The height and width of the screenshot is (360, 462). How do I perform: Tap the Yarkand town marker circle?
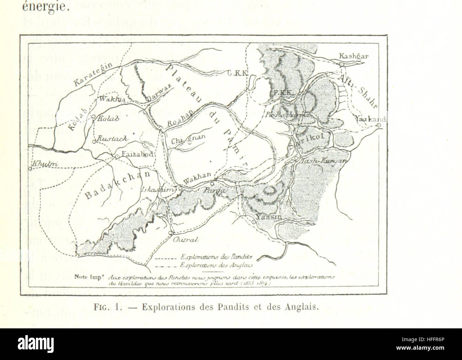[x=379, y=125]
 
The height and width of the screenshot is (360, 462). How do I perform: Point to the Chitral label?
[x=182, y=240]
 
